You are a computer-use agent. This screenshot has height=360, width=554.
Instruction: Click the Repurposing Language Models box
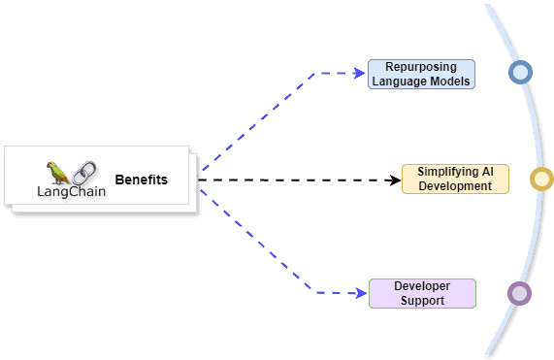(x=421, y=74)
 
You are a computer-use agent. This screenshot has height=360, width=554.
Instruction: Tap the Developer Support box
(x=422, y=293)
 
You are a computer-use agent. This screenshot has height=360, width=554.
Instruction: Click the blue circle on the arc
(x=520, y=73)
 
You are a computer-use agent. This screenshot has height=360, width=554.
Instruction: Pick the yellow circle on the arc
(x=541, y=179)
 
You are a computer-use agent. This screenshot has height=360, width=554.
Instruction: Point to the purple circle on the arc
(x=520, y=293)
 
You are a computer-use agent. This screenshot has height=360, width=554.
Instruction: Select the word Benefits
(x=141, y=180)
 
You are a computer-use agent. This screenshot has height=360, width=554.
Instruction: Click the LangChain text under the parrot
(x=72, y=191)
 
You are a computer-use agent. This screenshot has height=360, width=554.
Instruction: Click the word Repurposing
(x=421, y=67)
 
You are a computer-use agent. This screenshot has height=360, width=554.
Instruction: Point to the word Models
(x=447, y=82)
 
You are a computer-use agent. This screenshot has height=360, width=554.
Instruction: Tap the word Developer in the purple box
(x=422, y=286)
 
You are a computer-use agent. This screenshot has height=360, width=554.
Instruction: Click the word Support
(x=422, y=301)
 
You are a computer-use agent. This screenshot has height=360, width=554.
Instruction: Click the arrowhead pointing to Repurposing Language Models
(x=358, y=73)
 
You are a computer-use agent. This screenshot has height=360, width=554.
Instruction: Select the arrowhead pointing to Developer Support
(x=359, y=292)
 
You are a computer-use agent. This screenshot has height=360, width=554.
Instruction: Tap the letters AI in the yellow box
(x=474, y=172)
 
